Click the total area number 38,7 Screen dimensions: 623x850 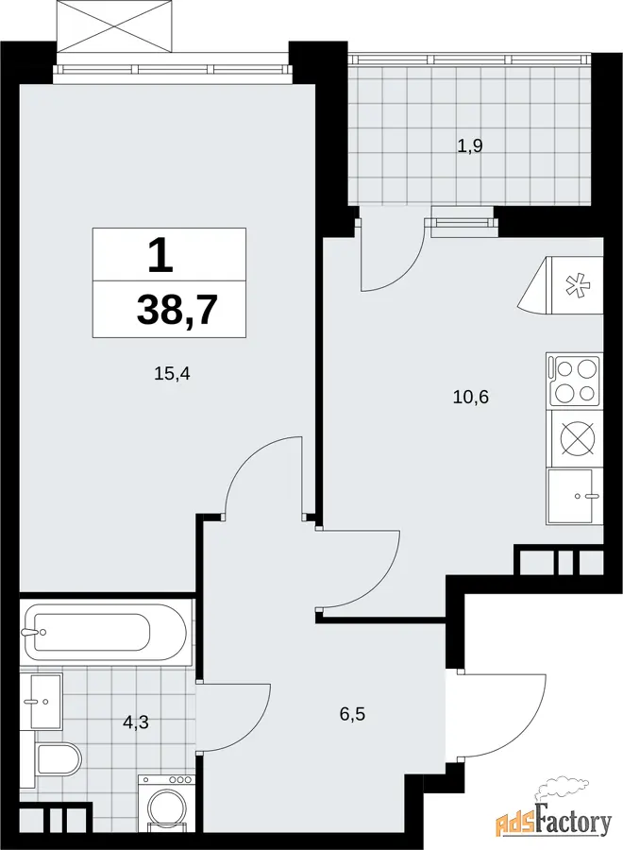(x=177, y=311)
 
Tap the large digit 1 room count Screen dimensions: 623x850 (x=160, y=255)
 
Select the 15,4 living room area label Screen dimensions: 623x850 (x=173, y=373)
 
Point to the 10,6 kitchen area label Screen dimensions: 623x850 (x=471, y=398)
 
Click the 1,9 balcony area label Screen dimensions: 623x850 (x=470, y=145)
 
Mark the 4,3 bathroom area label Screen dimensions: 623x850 (x=135, y=722)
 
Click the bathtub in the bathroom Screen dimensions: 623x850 (x=106, y=633)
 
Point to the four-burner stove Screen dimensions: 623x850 (x=574, y=382)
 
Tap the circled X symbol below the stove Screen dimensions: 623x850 (x=578, y=437)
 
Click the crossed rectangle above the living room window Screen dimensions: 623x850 (x=116, y=25)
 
